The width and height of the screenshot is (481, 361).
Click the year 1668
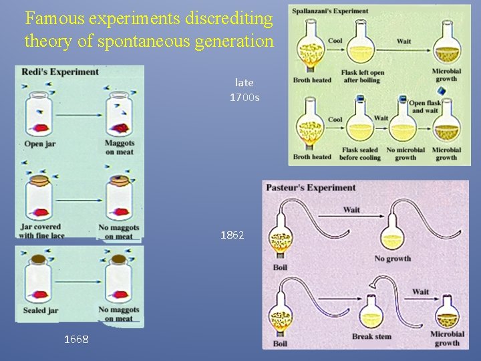click(x=75, y=339)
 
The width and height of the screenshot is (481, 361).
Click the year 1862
click(x=232, y=235)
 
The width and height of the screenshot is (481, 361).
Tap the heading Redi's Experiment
click(x=60, y=72)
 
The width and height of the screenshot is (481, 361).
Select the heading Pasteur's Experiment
click(x=311, y=187)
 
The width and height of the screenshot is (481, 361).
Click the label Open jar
click(x=39, y=144)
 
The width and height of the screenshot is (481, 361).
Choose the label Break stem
click(x=371, y=336)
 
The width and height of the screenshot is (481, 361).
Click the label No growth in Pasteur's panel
click(x=392, y=258)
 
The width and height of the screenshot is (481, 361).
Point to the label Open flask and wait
click(x=426, y=107)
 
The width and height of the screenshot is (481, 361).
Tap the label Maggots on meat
click(x=120, y=147)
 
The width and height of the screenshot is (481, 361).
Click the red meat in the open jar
click(x=40, y=128)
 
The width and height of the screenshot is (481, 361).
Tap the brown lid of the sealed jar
click(x=39, y=259)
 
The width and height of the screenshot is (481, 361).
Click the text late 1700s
click(x=244, y=90)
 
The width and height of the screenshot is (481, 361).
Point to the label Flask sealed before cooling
click(x=359, y=154)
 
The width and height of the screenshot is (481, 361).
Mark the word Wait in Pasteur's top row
click(x=351, y=209)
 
